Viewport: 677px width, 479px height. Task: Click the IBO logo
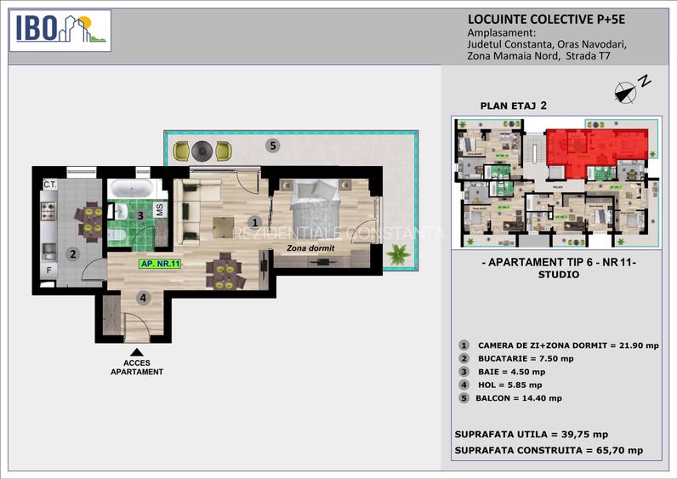[61, 30]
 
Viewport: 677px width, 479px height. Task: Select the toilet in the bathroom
[122, 210]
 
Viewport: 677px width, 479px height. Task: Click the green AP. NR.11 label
[160, 264]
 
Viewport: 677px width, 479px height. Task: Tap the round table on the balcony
[202, 151]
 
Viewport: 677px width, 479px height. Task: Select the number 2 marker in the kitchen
[73, 253]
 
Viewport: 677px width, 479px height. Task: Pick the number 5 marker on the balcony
[272, 145]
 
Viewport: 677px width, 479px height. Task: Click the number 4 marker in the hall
[144, 298]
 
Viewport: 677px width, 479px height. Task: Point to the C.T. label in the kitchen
[49, 185]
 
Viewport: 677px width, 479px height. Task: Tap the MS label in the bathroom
[159, 209]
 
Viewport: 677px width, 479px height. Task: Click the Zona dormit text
[310, 248]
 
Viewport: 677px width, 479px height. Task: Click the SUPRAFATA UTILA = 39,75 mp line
[532, 433]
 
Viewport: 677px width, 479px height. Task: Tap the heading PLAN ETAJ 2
[513, 106]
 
